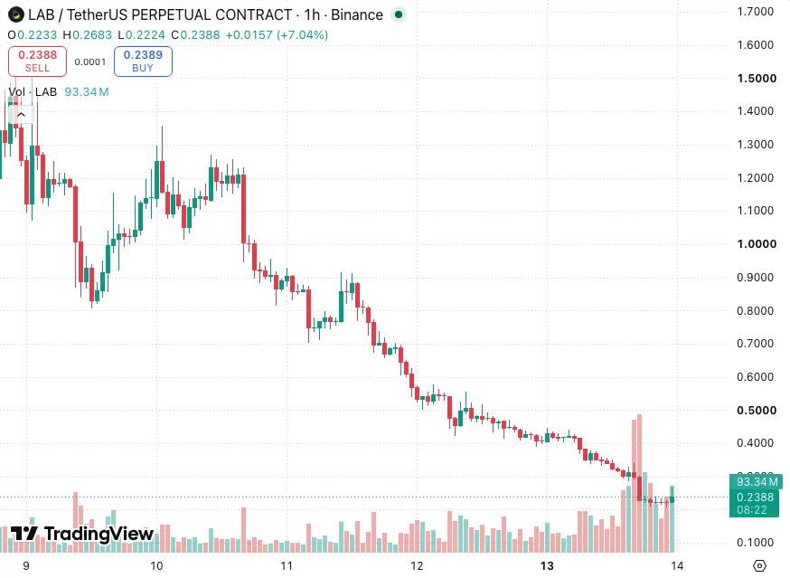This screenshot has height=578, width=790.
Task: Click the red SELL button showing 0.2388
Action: tap(37, 61)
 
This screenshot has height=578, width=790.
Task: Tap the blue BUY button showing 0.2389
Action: tap(143, 61)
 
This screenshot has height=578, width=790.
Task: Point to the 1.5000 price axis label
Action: tap(757, 78)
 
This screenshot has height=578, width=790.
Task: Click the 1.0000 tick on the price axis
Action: tap(757, 244)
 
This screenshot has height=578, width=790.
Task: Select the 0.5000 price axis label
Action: tap(757, 410)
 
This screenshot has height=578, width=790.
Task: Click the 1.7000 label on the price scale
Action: tap(756, 12)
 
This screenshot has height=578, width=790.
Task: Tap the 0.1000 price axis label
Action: tap(756, 543)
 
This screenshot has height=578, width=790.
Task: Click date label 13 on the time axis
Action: tap(547, 566)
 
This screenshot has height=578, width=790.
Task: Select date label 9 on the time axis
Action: tap(26, 566)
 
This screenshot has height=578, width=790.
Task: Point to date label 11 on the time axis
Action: tap(287, 566)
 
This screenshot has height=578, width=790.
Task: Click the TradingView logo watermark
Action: tap(82, 534)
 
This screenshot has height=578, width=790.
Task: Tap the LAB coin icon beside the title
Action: tap(16, 14)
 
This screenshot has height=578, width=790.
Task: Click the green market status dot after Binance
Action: tap(399, 14)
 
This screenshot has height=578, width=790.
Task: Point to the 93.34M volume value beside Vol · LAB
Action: tap(87, 91)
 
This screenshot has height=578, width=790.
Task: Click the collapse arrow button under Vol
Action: tap(21, 115)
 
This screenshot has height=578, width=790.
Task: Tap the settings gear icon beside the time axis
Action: tap(759, 566)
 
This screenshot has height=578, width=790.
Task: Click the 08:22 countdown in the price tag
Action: tap(752, 510)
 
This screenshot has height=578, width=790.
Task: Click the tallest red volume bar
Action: tap(639, 483)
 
